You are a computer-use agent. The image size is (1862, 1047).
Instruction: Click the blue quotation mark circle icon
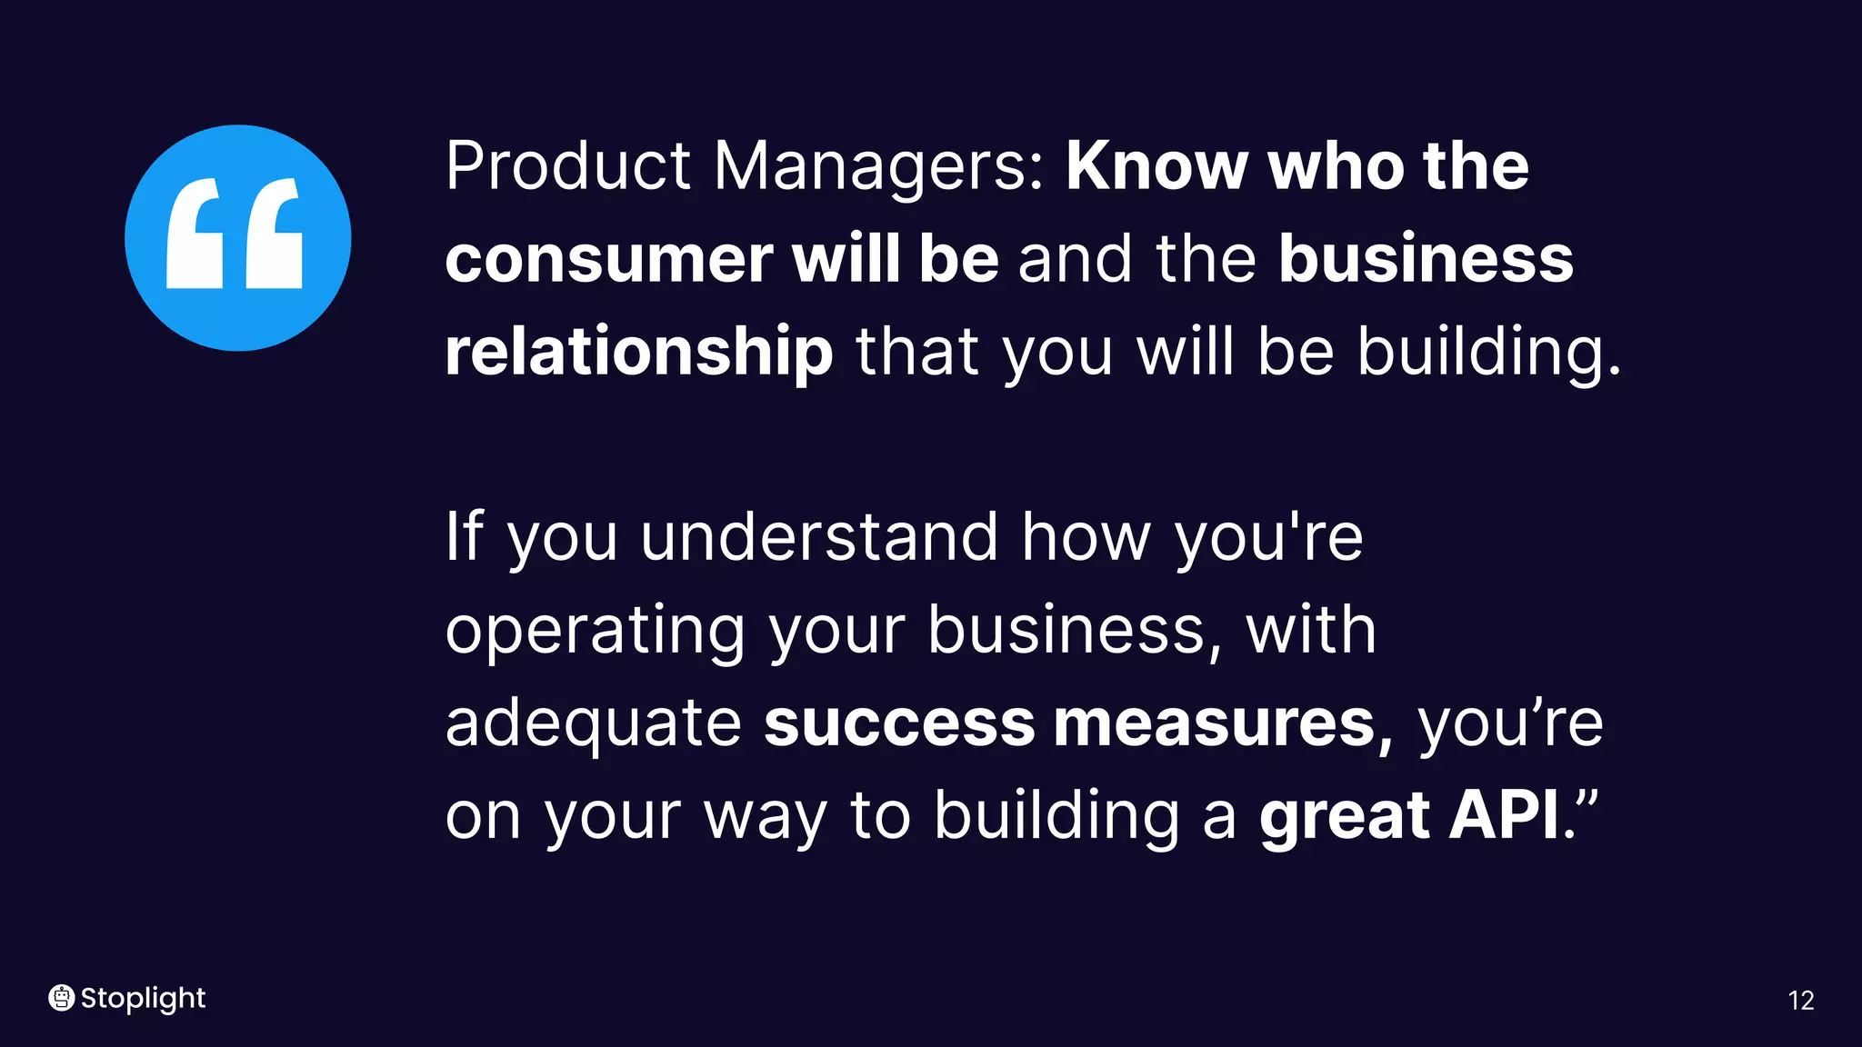[237, 238]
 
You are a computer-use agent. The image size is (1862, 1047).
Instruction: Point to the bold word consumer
[608, 260]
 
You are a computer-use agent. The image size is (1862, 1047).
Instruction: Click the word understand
[819, 537]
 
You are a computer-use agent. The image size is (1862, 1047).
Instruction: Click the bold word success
[899, 723]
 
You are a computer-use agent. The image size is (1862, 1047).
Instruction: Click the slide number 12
[1800, 1001]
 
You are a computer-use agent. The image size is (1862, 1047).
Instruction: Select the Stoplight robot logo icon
[61, 998]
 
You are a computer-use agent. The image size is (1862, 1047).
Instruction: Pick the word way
[765, 818]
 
